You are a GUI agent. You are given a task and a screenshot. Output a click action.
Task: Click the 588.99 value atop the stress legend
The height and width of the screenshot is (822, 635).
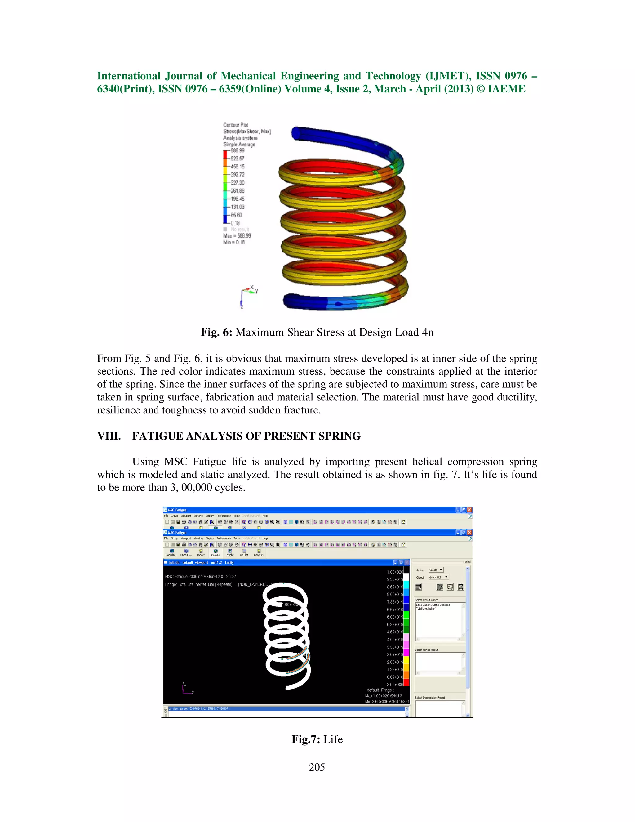click(238, 150)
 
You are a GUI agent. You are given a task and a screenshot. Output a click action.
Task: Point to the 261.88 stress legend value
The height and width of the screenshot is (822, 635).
click(238, 191)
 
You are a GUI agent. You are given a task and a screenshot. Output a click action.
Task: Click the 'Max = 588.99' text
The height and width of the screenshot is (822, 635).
click(237, 236)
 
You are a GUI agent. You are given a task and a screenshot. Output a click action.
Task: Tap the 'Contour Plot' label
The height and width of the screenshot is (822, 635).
click(236, 125)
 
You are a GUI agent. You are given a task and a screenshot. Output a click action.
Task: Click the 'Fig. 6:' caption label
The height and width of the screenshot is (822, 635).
click(216, 332)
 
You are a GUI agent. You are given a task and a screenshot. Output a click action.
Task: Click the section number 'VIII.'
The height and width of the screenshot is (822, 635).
click(109, 436)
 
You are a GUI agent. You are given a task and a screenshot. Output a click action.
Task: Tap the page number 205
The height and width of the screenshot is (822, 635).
click(317, 767)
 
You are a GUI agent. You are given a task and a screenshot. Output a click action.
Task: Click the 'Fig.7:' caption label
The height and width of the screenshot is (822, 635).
click(305, 739)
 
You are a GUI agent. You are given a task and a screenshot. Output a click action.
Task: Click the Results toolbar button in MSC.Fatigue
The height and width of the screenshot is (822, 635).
click(215, 552)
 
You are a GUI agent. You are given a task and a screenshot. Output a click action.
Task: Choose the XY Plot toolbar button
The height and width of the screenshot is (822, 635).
click(244, 552)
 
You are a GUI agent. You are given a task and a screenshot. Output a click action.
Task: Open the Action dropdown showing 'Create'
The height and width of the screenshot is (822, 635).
click(436, 570)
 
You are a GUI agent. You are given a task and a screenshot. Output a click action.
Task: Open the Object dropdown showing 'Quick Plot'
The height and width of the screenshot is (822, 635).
click(439, 577)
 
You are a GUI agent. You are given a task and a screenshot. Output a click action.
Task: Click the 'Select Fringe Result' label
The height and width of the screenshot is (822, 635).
click(426, 650)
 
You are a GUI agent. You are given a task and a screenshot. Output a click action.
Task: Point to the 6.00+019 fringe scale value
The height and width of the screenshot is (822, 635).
click(395, 617)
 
